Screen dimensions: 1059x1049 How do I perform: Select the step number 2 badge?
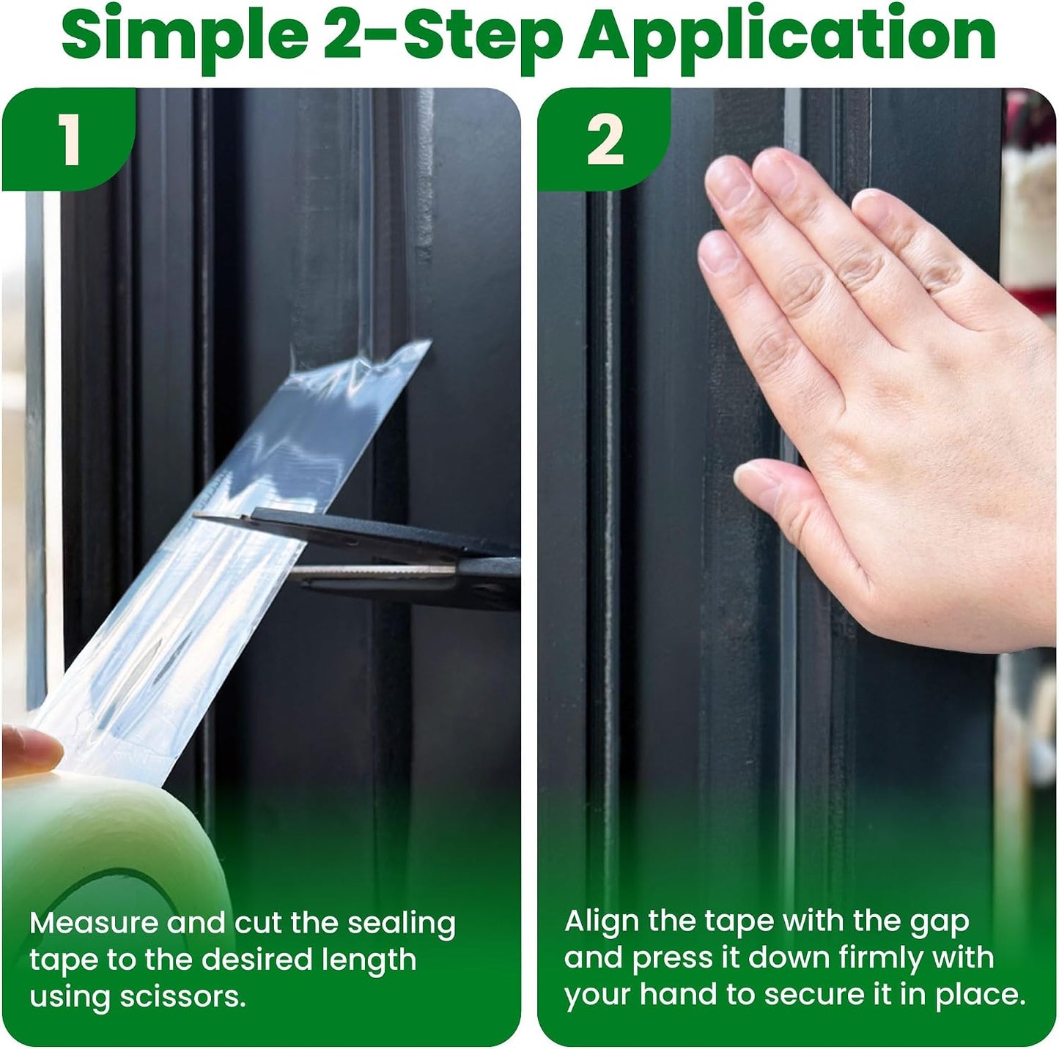(605, 140)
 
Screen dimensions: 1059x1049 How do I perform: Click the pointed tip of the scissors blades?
(194, 515)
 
